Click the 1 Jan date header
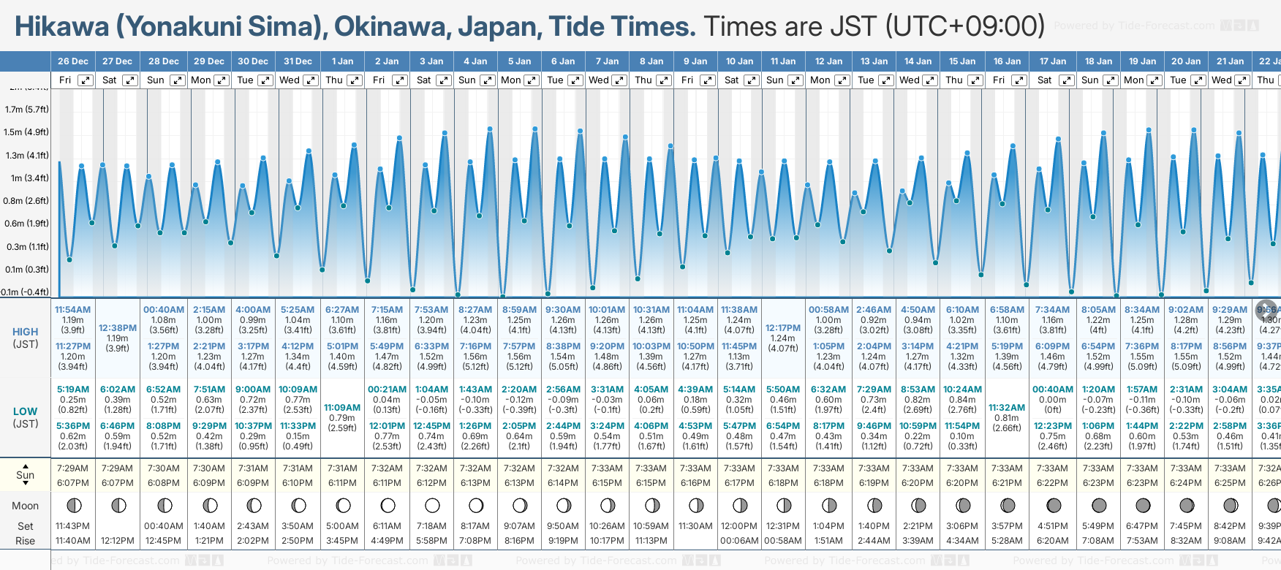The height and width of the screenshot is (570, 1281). [342, 61]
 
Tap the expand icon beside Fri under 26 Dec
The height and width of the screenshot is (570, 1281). [86, 80]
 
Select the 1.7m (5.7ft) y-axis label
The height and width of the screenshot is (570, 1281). [26, 110]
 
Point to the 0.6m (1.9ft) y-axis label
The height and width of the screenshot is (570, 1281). [26, 224]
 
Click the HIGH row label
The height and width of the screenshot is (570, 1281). [26, 332]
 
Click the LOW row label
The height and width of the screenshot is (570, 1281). [26, 411]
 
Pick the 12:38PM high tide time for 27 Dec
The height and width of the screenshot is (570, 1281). [118, 328]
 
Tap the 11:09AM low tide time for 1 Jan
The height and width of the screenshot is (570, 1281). [342, 408]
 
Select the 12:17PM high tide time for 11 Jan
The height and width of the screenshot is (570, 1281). [783, 328]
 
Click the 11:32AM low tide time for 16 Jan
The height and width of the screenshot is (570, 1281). [1007, 408]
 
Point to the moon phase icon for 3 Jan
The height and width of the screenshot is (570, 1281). [432, 505]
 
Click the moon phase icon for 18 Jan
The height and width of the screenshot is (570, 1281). [1099, 505]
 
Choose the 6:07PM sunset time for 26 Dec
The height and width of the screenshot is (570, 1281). [73, 483]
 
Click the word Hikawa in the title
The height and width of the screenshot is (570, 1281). [61, 26]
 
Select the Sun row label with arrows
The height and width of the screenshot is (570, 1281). [26, 475]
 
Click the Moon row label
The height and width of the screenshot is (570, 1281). [26, 506]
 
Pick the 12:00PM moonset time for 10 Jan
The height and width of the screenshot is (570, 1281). [739, 526]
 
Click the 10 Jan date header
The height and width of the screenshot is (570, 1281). [739, 61]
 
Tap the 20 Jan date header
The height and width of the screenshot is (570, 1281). [1186, 61]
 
